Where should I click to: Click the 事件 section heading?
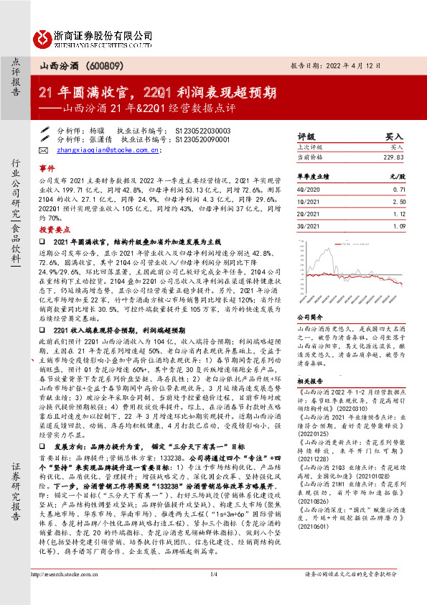click(x=47, y=165)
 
